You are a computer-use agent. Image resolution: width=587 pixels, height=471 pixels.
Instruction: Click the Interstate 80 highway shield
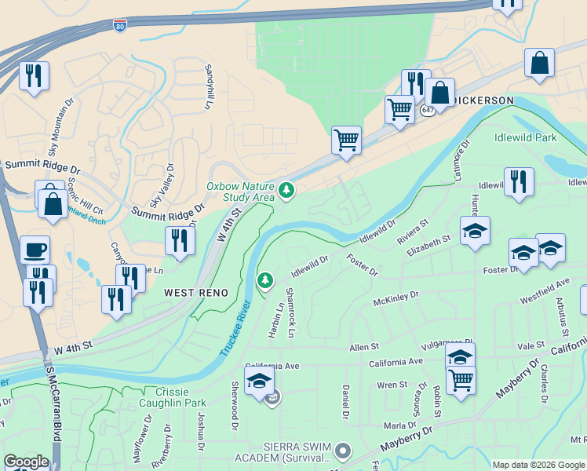tap(119, 26)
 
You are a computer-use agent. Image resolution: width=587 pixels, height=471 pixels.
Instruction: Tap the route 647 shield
tap(427, 111)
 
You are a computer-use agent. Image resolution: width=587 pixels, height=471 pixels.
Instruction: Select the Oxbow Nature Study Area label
tap(240, 192)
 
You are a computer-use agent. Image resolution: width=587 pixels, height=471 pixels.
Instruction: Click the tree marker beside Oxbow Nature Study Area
tap(287, 189)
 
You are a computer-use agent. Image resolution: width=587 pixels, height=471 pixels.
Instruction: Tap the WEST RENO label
tap(195, 293)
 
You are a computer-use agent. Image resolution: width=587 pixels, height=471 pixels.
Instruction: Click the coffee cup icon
tap(35, 250)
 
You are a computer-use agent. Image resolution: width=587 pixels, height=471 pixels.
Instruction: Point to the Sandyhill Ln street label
tap(210, 86)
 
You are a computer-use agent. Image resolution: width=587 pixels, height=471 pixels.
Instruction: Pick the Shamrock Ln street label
tap(290, 312)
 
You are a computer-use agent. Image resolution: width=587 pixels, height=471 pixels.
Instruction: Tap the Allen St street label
tap(364, 346)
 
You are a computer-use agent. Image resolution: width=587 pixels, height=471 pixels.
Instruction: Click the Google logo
tap(26, 462)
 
